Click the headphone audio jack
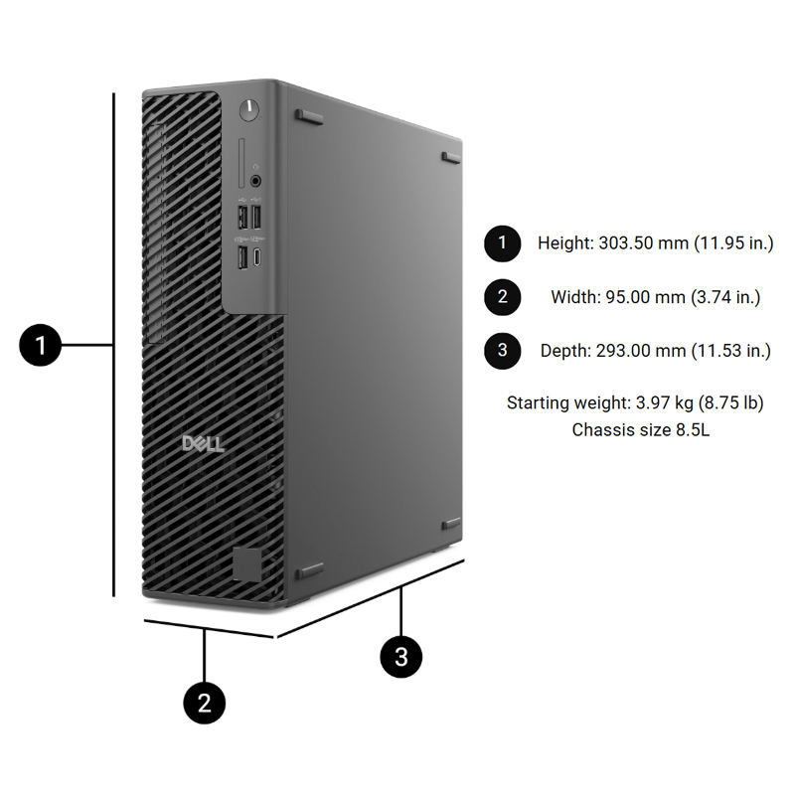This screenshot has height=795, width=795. [x=257, y=181]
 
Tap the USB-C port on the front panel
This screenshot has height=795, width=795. [x=257, y=258]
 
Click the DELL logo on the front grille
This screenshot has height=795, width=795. [x=202, y=443]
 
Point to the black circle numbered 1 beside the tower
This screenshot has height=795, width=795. [x=41, y=346]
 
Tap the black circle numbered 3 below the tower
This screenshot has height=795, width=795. [x=401, y=657]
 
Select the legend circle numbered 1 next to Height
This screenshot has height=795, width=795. [x=503, y=242]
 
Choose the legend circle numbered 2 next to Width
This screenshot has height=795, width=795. [x=503, y=296]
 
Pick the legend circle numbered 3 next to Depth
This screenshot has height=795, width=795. [x=503, y=350]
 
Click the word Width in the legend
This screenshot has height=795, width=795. [x=571, y=296]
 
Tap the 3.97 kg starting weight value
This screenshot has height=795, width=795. [x=651, y=402]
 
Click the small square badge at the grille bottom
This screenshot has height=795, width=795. [x=247, y=561]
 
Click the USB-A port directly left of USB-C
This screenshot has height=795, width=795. [x=241, y=257]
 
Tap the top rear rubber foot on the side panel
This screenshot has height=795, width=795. [x=450, y=157]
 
